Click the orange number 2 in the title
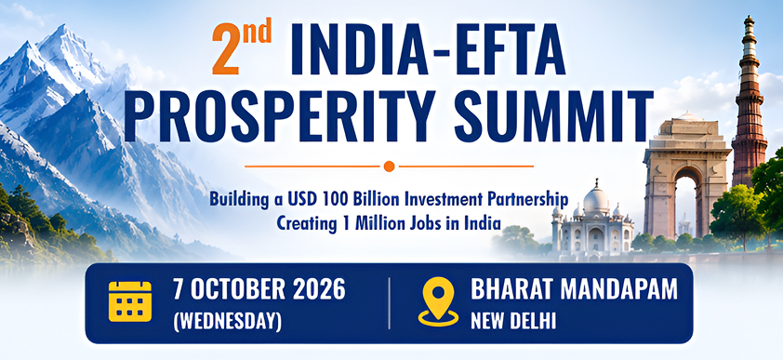[225, 50]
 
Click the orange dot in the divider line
[389, 167]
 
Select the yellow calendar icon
[130, 301]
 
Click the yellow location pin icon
[438, 301]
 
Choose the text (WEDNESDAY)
[227, 321]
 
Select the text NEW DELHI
[513, 321]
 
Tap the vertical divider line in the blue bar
[389, 303]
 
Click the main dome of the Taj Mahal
[596, 199]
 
